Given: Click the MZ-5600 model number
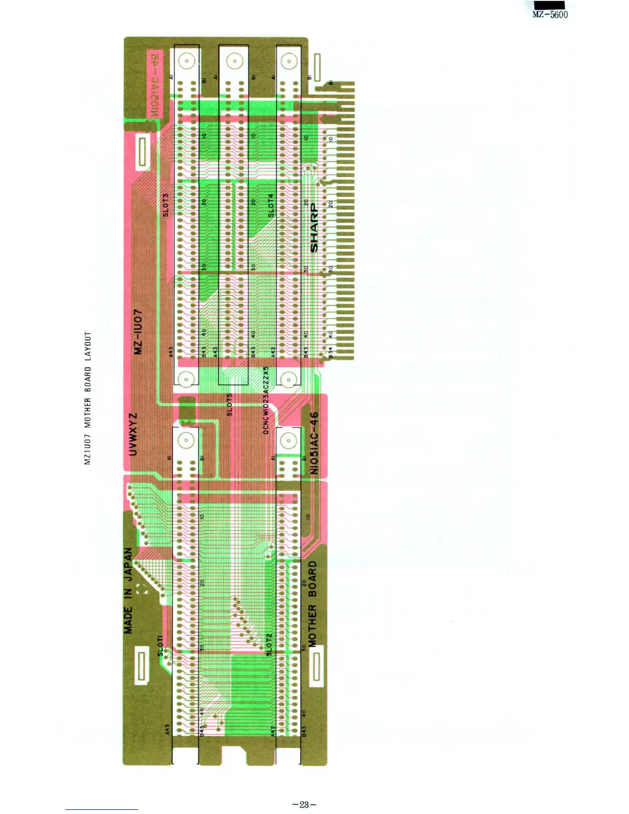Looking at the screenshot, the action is coord(550,15).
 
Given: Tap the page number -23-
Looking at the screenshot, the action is coord(304,804).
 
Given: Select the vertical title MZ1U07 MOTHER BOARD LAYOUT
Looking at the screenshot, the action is coord(88,398).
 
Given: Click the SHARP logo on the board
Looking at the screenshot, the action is coord(314,228).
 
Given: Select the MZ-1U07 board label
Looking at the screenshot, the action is coord(138,331).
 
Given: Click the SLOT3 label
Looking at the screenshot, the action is coord(165,205).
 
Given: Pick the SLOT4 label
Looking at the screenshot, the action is coord(271,205).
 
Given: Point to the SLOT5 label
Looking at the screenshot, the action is coord(230,404).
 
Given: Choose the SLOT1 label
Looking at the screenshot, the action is coord(160,645).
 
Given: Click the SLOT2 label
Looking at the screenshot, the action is coord(269,644).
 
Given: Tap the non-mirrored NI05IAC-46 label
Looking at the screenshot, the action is coord(314,443).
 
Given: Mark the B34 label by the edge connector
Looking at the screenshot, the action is coord(331,353).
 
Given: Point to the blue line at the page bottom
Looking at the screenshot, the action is coord(101,809).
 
